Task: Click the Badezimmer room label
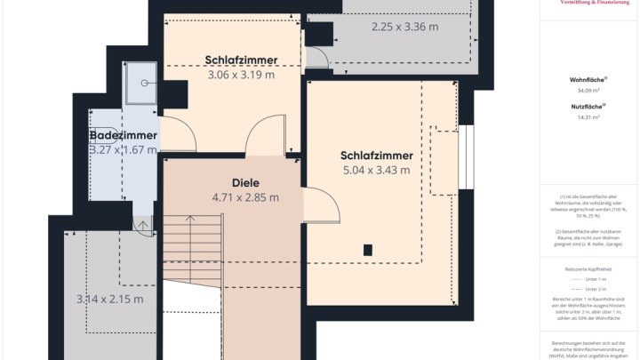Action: [x=124, y=135]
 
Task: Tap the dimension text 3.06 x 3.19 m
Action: [x=241, y=75]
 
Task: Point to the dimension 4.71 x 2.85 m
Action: [x=245, y=197]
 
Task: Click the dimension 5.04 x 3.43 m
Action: [x=376, y=170]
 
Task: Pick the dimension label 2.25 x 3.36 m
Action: [x=404, y=27]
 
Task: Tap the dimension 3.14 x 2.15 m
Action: [x=109, y=299]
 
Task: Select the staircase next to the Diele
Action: [x=191, y=249]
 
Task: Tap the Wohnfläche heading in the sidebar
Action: [x=587, y=80]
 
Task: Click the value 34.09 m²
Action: [x=587, y=90]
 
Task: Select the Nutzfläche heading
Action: [x=587, y=107]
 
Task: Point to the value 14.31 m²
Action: [x=587, y=116]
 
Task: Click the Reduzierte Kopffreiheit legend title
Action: [x=587, y=268]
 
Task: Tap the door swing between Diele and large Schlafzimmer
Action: [x=322, y=208]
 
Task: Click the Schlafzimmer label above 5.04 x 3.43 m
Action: [x=376, y=154]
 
